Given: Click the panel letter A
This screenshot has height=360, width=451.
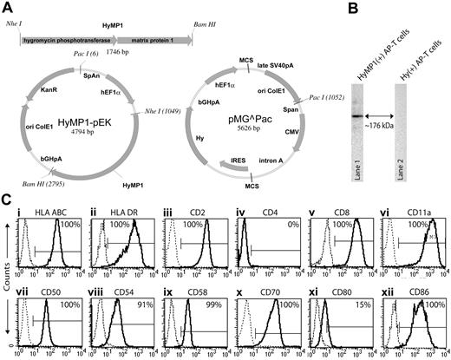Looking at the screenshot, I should pos(9,9).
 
